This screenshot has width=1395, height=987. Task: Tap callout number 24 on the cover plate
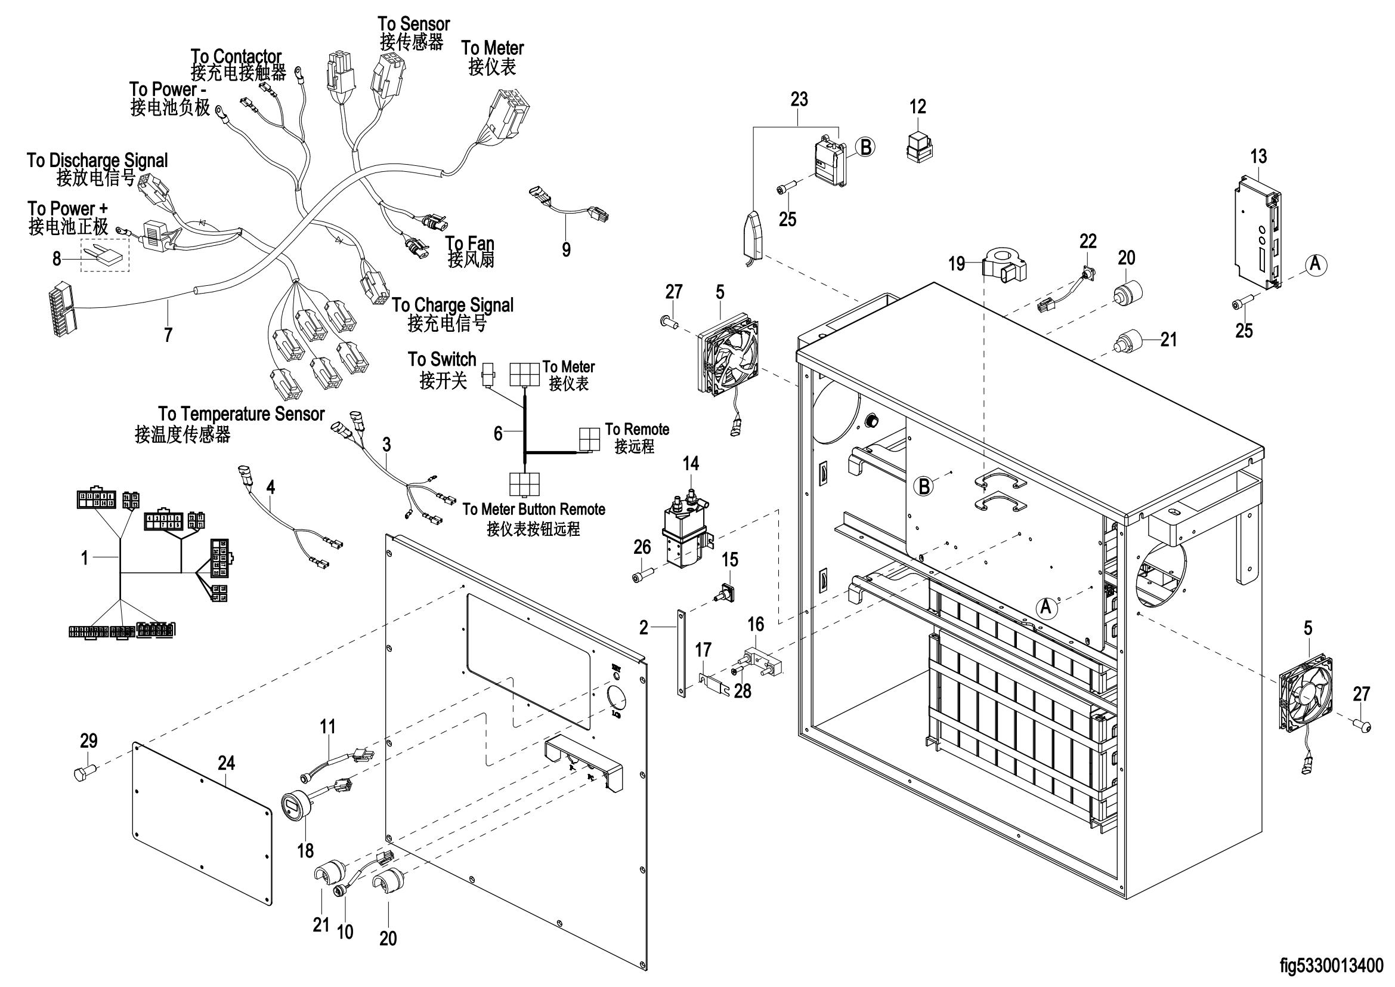(x=226, y=763)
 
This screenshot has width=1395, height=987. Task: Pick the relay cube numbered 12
(x=918, y=145)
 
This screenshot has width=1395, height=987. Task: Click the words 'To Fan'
(x=469, y=243)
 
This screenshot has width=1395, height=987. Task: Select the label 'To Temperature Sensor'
(x=241, y=415)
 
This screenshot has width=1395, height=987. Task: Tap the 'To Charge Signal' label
(x=453, y=305)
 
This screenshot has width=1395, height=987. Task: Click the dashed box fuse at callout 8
(x=105, y=255)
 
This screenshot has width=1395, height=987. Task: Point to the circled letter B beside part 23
(x=865, y=147)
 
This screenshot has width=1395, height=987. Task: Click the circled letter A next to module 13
(x=1316, y=264)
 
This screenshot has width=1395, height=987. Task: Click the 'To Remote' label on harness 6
(x=637, y=430)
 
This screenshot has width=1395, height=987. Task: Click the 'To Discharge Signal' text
(x=97, y=161)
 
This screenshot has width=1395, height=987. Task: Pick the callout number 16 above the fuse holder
(x=755, y=624)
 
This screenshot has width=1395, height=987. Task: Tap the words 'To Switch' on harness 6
(x=442, y=360)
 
